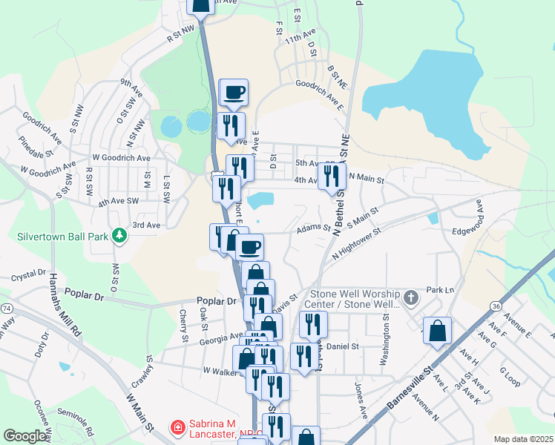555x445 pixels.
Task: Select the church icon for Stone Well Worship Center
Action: pos(412,298)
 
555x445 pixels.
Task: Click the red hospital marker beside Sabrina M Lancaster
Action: pos(178,428)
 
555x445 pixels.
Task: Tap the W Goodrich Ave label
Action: pos(121,158)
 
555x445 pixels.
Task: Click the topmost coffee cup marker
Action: pos(234,92)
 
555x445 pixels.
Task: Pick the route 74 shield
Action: pos(6,307)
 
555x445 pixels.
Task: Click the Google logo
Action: pos(24,436)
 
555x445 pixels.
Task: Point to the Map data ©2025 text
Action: pos(522,439)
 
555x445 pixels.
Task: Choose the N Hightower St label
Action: pos(356,243)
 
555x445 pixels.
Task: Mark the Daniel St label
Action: pos(343,346)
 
